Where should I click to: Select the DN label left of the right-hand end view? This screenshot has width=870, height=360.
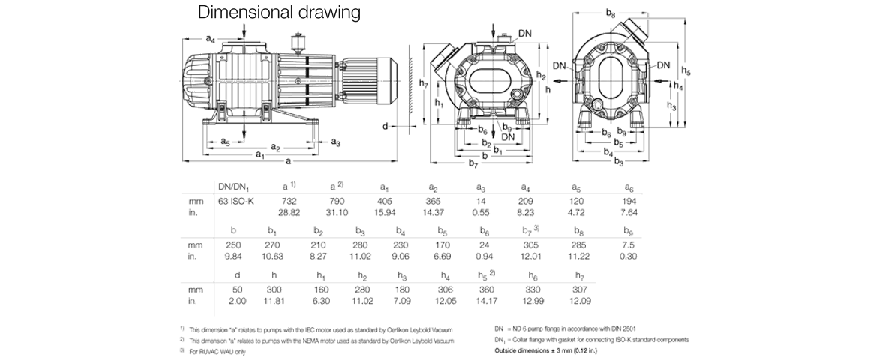pos(558,66)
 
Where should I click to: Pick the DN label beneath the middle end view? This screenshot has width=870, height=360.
pos(508,137)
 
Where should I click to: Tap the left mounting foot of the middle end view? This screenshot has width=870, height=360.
pos(462,127)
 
